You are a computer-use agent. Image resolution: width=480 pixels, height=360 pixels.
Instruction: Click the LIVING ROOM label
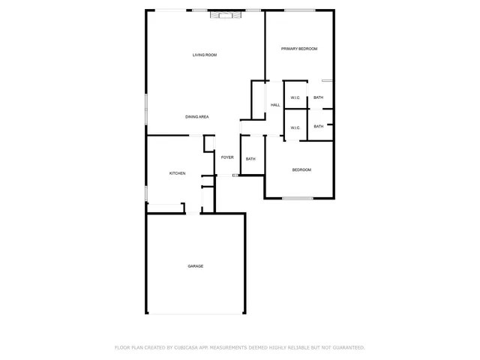click(204, 55)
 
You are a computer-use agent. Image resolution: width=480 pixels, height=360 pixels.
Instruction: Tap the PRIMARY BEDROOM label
click(299, 49)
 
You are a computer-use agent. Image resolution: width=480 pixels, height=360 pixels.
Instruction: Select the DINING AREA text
click(197, 117)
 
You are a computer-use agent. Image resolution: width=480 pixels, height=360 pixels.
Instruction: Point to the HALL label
click(275, 105)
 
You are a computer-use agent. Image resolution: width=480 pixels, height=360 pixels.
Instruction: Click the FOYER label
click(226, 157)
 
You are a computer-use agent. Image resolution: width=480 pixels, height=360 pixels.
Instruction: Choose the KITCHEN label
click(177, 174)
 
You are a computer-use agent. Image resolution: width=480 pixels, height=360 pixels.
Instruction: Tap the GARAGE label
click(195, 266)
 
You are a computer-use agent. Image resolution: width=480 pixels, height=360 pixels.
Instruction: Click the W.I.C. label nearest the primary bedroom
click(295, 97)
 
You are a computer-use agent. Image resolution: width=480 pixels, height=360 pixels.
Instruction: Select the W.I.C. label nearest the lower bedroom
click(295, 127)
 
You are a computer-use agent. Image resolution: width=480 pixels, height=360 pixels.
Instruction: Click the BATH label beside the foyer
click(250, 159)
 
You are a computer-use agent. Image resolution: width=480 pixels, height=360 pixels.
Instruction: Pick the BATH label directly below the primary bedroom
click(319, 97)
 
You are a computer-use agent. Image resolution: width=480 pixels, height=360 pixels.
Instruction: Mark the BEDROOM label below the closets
click(301, 170)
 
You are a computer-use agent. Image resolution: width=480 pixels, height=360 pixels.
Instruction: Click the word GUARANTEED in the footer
click(344, 348)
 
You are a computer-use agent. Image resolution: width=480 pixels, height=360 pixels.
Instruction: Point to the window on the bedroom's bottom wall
click(298, 199)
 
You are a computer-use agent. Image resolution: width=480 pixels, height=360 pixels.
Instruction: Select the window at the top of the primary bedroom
click(299, 10)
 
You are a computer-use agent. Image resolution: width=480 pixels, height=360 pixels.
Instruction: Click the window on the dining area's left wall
click(146, 105)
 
